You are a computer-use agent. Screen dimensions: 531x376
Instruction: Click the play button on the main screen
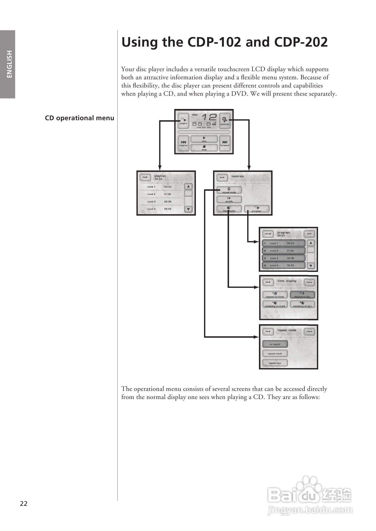pos(204,139)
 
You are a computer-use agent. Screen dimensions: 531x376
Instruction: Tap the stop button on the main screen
pos(204,148)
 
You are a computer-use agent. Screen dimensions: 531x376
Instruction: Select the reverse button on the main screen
pos(183,143)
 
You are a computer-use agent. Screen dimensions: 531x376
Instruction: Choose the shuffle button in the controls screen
pos(229,200)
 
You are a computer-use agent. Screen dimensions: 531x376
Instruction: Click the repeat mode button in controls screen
pos(229,190)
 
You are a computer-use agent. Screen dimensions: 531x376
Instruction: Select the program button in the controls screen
pos(257,209)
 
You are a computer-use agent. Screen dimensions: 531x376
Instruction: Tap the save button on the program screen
pos(309,234)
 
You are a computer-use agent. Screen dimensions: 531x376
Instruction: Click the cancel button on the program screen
pos(268,234)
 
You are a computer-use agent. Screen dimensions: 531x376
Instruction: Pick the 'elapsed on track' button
pos(275,295)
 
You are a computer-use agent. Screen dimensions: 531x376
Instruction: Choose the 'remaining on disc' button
pos(302,304)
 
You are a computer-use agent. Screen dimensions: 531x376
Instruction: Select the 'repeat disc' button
pos(275,363)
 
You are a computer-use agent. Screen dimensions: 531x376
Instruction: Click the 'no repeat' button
pos(275,344)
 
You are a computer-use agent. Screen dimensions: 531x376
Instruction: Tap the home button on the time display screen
pos(309,282)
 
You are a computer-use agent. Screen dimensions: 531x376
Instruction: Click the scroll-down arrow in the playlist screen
pos(188,209)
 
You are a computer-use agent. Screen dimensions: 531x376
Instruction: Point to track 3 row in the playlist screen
pos(161,202)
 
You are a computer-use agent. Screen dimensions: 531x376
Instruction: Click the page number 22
pos(24,503)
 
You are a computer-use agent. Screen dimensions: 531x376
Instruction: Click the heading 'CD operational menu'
pos(79,118)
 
